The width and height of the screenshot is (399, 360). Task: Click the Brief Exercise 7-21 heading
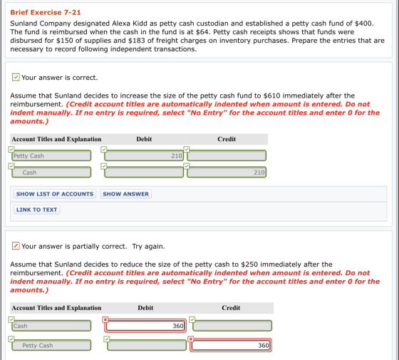46,13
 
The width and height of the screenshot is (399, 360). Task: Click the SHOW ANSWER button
125,194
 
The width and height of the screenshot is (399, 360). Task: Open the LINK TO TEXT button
36,210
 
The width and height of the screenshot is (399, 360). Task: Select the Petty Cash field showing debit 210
51,155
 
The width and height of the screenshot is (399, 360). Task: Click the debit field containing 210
144,155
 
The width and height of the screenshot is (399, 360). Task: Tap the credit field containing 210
227,173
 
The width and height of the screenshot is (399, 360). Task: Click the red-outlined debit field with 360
145,326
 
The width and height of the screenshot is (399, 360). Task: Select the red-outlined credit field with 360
231,345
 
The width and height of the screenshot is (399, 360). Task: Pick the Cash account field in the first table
51,173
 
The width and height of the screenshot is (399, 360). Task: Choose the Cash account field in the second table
51,326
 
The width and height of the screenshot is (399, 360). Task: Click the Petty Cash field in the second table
51,345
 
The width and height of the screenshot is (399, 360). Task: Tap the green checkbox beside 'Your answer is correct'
16,77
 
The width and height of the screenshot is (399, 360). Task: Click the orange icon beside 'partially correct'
16,246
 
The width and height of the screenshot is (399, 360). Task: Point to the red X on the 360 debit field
105,319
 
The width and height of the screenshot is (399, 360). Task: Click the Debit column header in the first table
144,139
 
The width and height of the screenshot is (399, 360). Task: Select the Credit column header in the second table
231,308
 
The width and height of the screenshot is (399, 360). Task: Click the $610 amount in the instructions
271,96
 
